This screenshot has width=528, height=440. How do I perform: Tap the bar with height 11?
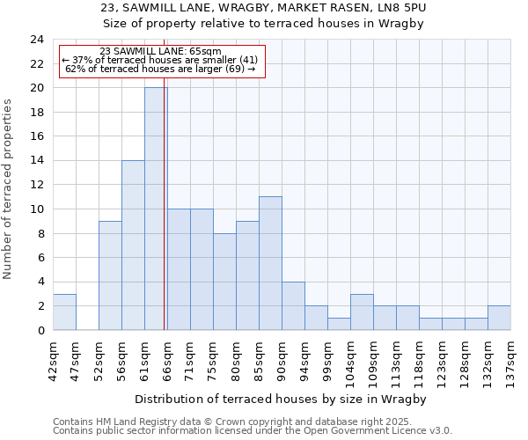(x=270, y=263)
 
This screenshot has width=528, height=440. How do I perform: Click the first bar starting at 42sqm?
(x=64, y=312)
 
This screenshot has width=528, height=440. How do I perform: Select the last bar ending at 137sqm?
(x=499, y=318)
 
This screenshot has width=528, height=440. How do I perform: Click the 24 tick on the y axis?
(x=37, y=40)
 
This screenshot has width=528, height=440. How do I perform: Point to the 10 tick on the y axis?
(x=37, y=209)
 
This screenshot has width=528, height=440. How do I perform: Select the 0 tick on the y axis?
(x=40, y=330)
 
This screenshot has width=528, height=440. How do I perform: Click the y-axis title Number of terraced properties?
(x=9, y=188)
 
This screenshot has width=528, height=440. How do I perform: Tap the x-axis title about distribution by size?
(x=281, y=399)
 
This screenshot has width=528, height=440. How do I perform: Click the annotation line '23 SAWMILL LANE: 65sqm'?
(x=160, y=52)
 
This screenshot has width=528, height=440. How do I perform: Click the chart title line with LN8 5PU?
(x=264, y=8)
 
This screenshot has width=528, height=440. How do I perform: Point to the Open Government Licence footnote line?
(x=253, y=430)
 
